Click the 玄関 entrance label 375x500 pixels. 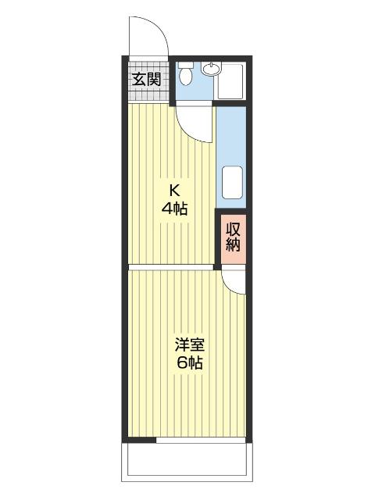click(146, 79)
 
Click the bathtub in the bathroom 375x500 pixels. click(232, 80)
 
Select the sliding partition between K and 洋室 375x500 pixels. click(172, 267)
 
